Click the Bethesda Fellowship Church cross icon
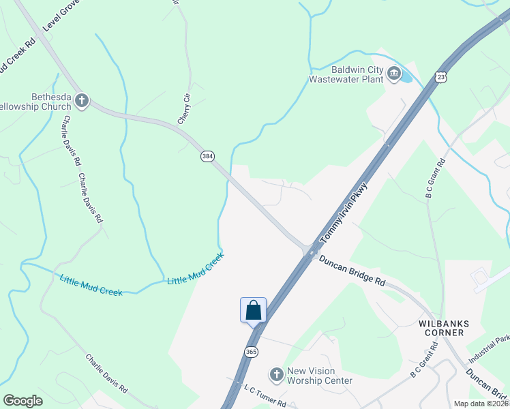tap(81, 102)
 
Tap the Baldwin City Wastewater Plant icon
tap(393, 73)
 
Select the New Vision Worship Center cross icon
tap(276, 374)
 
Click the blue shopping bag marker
tap(253, 310)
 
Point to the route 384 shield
tap(207, 156)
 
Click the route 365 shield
tap(251, 351)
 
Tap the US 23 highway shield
tap(442, 78)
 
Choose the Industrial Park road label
tap(490, 348)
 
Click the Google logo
tap(22, 401)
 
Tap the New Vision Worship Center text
tap(319, 376)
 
